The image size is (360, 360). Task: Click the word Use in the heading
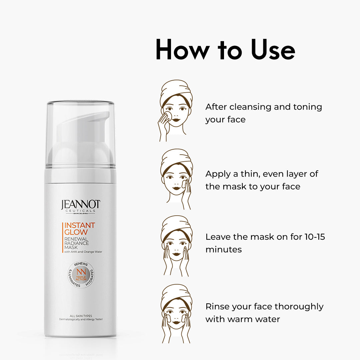(273, 50)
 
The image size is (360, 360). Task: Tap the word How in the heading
(183, 50)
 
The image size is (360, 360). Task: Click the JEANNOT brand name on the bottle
(81, 204)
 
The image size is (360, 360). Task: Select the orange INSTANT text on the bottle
(79, 225)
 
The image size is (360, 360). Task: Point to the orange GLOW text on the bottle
(76, 232)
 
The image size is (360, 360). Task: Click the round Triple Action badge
(81, 274)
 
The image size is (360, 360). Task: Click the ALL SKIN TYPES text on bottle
(81, 316)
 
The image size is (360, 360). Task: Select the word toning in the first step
(308, 107)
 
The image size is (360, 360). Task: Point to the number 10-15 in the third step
(315, 237)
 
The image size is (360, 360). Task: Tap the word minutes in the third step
(224, 250)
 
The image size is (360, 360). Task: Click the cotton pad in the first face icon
(168, 116)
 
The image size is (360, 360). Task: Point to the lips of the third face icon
(176, 254)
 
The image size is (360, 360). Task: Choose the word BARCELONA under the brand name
(80, 214)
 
